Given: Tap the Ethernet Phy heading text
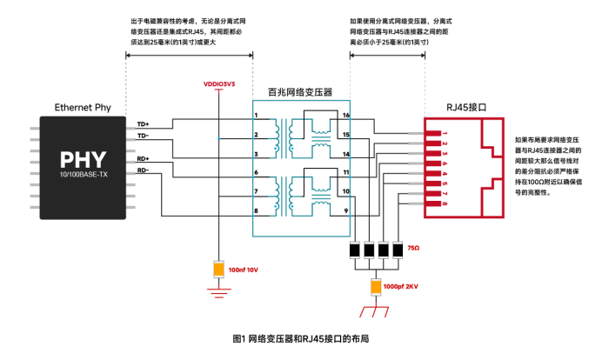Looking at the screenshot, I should (83, 107).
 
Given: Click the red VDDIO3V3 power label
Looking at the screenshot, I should (218, 84).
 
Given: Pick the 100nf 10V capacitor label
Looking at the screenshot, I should (244, 270).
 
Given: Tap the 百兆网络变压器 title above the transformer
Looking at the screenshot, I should (300, 91).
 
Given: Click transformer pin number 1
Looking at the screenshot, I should (256, 116).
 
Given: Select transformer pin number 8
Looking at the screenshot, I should (256, 211).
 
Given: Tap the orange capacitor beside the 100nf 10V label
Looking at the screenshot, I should (217, 270).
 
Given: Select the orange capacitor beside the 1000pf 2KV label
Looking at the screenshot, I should (375, 286).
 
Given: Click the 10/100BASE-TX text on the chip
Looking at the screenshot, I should (83, 174).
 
